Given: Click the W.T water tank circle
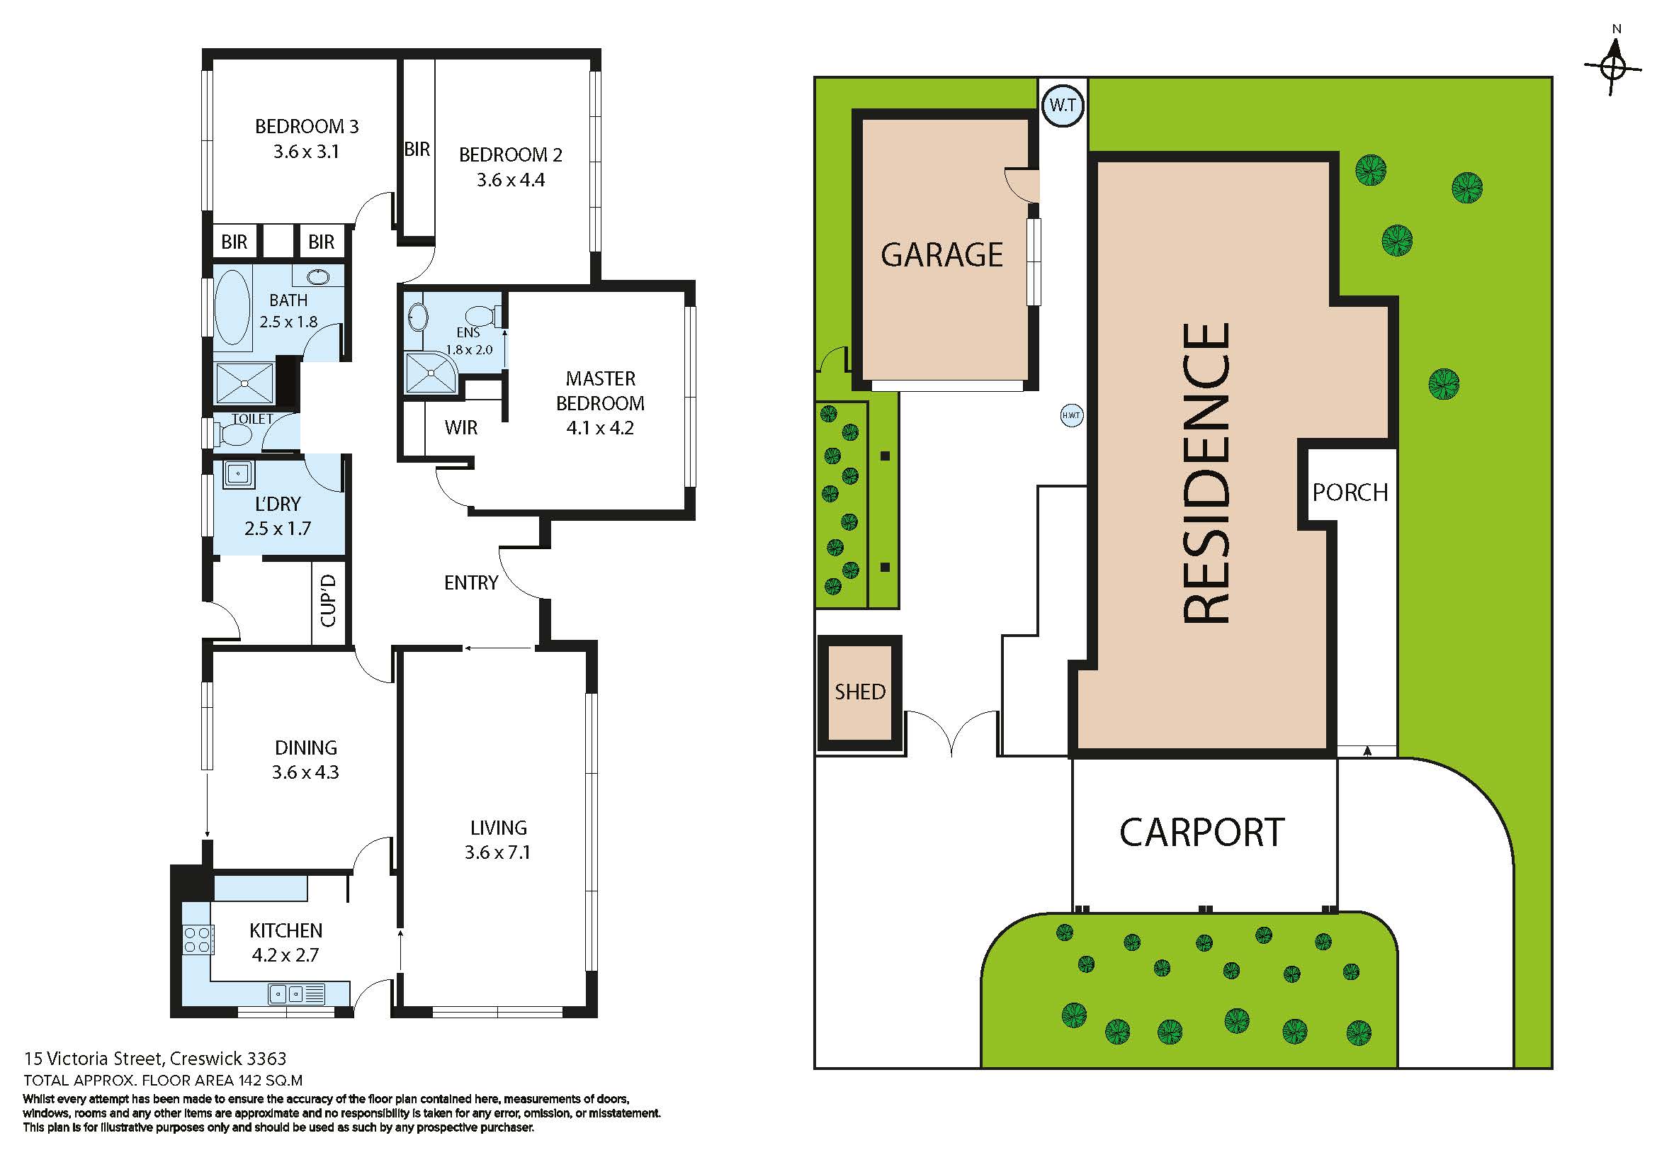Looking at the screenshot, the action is point(1063,106).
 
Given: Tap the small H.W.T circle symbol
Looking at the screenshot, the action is point(1072,415).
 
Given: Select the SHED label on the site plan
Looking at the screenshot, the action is point(859,692).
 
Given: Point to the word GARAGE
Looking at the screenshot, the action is point(941,255).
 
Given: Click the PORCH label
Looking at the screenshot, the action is point(1350,492).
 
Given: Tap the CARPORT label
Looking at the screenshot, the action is point(1201,833).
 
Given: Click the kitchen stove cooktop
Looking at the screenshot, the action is point(197,940).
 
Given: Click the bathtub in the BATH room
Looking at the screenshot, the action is point(232,308).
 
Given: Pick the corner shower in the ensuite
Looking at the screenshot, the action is point(431,373).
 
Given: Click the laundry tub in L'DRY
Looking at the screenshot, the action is point(237,473).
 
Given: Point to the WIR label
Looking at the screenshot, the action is point(461,428).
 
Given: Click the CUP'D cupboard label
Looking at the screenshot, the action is point(329,600).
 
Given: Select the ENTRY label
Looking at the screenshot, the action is point(471,582).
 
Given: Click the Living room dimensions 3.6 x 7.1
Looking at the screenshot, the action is point(498,852).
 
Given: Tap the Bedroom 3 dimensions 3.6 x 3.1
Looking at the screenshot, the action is point(306,152).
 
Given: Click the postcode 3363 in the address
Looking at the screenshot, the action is point(266,1059).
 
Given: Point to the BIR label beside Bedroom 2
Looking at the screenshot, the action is point(417,150).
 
